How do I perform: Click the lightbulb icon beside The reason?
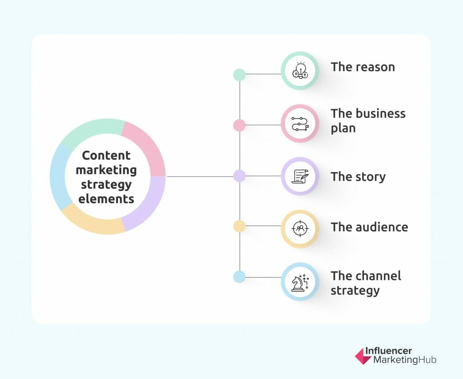300,71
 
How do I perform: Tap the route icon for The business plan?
300,124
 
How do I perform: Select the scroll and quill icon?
300,176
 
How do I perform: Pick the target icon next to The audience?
300,229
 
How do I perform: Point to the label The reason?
363,67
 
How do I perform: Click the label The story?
358,177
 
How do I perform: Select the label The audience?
369,227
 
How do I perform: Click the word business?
381,114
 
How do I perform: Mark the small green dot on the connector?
240,75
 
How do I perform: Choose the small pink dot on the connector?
240,125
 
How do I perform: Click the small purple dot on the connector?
240,176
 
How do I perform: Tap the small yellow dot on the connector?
240,226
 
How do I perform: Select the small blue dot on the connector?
240,277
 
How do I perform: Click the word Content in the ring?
106,155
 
